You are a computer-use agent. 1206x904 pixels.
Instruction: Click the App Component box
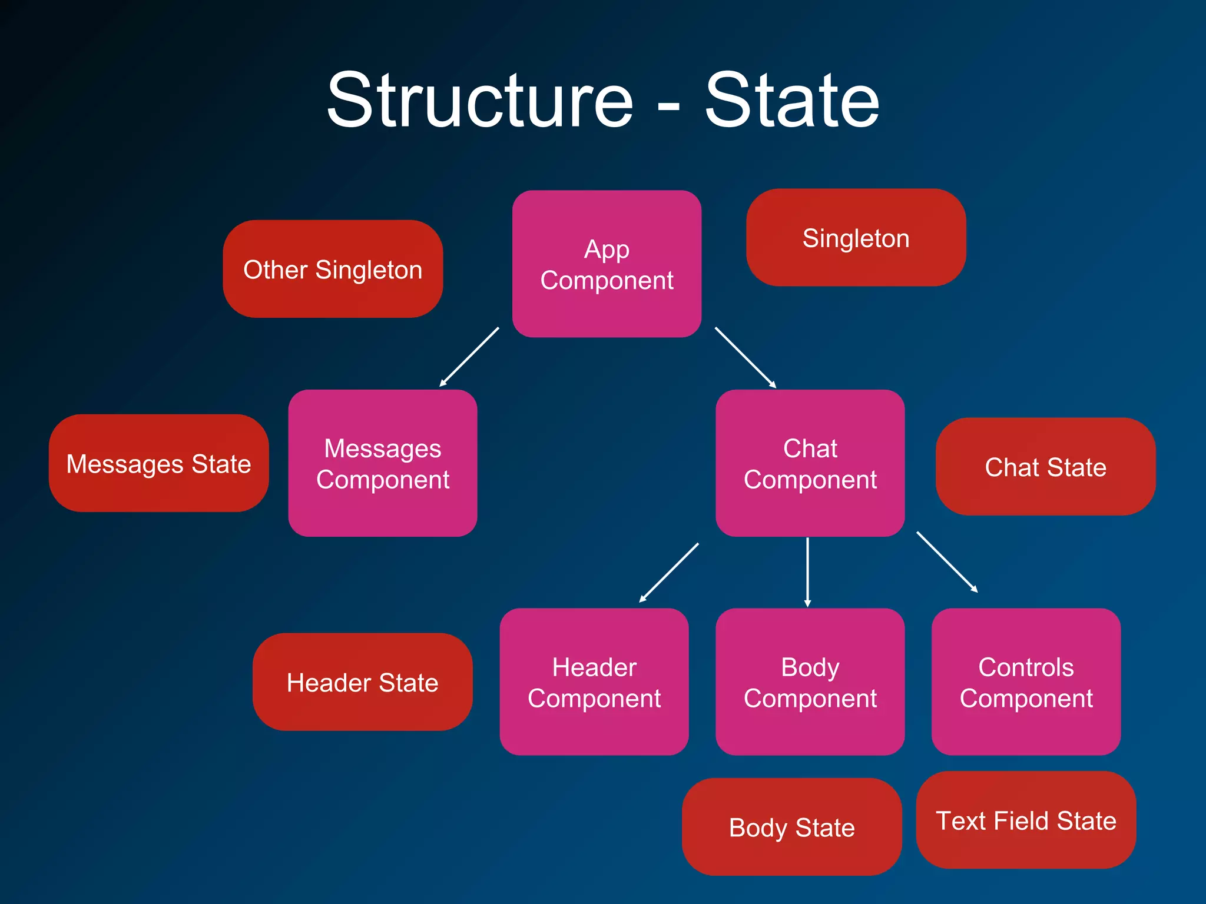click(x=607, y=264)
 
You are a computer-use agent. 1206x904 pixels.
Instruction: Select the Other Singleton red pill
click(x=333, y=269)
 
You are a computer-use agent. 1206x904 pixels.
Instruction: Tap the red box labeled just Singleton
click(x=856, y=238)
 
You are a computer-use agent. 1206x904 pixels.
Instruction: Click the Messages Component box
click(x=383, y=463)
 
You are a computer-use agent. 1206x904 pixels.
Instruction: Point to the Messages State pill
click(x=158, y=463)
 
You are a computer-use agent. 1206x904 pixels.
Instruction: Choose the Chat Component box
click(x=810, y=463)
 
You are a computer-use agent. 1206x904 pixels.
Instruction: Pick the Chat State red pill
click(x=1045, y=467)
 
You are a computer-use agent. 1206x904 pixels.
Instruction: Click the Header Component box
click(x=594, y=682)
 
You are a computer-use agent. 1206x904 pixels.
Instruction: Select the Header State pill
click(x=362, y=682)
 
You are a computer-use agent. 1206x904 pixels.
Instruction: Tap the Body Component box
click(x=810, y=682)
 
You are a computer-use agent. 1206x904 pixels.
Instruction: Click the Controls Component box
click(x=1026, y=682)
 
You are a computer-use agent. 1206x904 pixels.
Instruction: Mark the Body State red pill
click(x=791, y=827)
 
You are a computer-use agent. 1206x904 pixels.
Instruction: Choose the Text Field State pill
click(x=1026, y=820)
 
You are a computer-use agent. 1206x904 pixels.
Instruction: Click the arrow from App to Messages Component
click(x=469, y=357)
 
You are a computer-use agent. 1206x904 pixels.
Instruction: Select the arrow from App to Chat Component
click(x=746, y=357)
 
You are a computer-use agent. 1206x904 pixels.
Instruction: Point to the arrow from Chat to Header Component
click(x=669, y=573)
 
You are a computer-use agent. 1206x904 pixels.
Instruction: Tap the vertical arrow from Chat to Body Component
click(x=807, y=572)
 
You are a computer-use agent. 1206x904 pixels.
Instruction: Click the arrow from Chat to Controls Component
click(x=947, y=561)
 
